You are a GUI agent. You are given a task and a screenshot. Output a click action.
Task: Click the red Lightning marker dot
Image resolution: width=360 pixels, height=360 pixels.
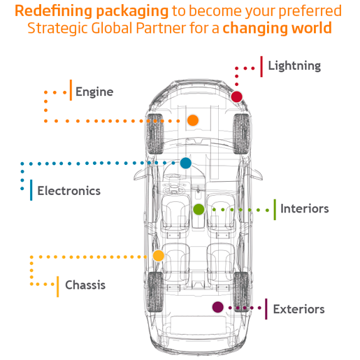(236, 96)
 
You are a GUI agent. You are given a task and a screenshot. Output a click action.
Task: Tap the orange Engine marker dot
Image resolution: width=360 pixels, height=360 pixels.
(193, 120)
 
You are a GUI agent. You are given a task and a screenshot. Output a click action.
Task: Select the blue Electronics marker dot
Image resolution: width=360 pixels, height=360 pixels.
(186, 163)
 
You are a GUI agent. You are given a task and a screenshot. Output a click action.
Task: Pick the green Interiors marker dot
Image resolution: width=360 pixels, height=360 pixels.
(199, 209)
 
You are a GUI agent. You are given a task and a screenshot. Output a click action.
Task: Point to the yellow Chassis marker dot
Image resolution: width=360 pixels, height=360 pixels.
(159, 256)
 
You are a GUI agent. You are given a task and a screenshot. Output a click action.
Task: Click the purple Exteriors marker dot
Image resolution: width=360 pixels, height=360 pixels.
(218, 307)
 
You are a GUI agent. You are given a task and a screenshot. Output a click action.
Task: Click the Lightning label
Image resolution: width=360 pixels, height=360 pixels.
(294, 66)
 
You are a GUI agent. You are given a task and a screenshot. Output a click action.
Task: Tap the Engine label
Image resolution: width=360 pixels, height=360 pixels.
(94, 92)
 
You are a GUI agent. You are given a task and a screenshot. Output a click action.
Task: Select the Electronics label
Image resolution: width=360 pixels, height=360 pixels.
(69, 191)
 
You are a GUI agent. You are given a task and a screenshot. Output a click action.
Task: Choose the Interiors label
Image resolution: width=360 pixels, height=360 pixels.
(305, 208)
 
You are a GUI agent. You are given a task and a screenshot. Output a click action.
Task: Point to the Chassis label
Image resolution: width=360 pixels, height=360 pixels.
(85, 285)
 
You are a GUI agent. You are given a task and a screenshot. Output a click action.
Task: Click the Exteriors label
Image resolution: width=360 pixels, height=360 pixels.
(298, 309)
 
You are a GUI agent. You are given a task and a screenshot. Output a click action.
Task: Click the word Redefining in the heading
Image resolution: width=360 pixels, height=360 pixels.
(53, 11)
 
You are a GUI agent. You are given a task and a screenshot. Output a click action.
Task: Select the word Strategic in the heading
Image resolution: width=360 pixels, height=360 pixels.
(57, 29)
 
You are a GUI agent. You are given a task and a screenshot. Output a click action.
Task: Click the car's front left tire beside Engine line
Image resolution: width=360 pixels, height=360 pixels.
(155, 134)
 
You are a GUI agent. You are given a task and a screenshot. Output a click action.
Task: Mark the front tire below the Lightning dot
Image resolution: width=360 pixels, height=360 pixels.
(242, 134)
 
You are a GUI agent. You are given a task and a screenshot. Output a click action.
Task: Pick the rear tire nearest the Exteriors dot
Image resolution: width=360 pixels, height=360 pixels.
(242, 291)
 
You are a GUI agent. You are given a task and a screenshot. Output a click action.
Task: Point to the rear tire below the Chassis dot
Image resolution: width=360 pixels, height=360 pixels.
(155, 291)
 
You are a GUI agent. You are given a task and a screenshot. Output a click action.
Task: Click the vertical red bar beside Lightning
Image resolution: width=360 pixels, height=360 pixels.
(261, 66)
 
